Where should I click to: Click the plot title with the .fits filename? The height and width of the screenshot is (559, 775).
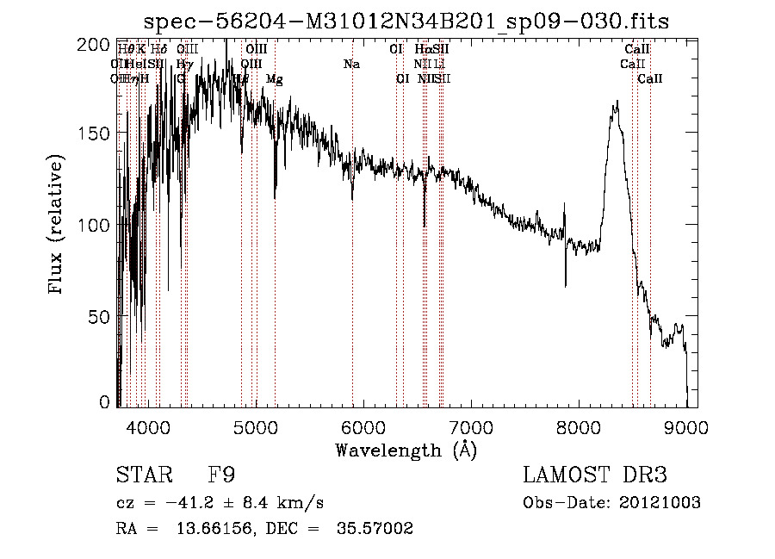pos(406,20)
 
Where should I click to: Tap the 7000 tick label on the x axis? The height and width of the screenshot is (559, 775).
pos(471,426)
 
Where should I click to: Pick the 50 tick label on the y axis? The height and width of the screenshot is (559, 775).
pos(99,316)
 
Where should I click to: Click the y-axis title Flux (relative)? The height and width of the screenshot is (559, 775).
pos(58,227)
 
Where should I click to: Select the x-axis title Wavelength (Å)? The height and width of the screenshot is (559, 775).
pos(406,449)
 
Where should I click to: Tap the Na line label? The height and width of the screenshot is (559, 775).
pos(351,65)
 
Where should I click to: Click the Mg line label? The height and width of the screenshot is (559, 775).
pos(274,79)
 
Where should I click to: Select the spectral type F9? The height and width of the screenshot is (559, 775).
pos(221,475)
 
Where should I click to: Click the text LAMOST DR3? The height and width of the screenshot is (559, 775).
pos(594,475)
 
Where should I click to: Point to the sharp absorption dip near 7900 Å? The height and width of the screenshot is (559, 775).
pos(566,284)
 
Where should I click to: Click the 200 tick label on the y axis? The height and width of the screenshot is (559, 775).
pos(96,43)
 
